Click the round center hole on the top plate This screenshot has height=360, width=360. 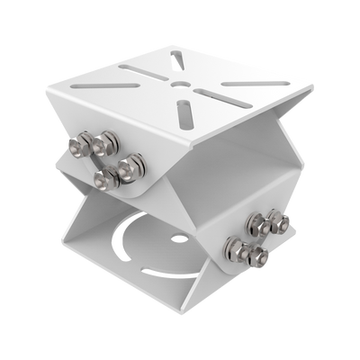click(184, 84)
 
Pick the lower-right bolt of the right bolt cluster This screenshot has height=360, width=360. click(260, 257)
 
